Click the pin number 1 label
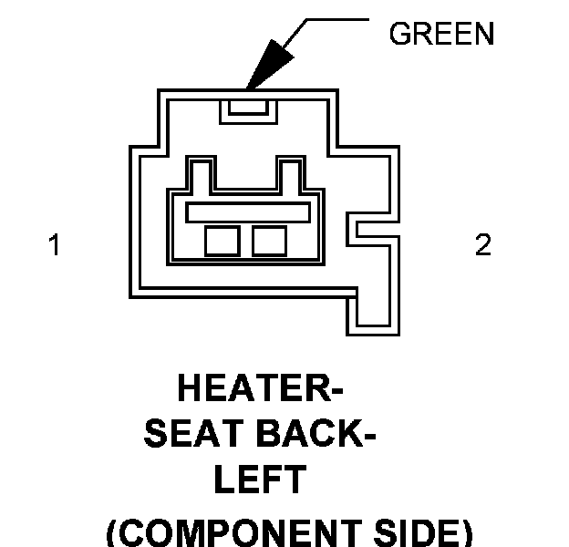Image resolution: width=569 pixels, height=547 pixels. (x=55, y=245)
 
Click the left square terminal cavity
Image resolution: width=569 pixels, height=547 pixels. (x=222, y=241)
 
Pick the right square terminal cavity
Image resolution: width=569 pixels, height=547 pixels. (x=270, y=241)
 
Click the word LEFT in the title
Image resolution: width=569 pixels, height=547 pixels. (x=259, y=480)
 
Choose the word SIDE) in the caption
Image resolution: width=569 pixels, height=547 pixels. (x=420, y=532)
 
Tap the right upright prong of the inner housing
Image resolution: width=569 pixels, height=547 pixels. (x=292, y=173)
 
